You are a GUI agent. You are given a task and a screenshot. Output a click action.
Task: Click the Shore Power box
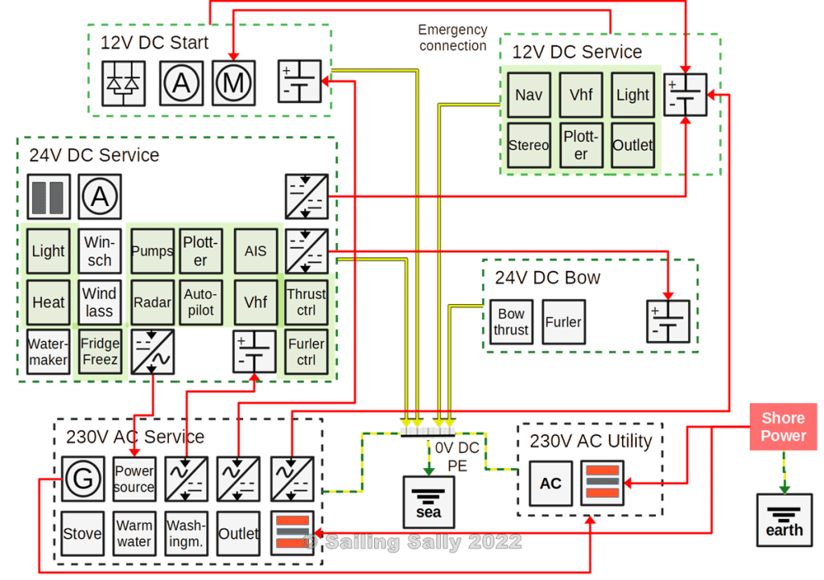(783, 427)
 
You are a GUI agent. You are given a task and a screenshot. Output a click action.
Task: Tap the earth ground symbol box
(784, 520)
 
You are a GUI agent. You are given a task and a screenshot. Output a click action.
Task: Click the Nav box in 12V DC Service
(529, 95)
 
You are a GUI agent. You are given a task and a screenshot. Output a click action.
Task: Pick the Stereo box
(529, 146)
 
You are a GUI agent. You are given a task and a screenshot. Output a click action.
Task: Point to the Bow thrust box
(511, 322)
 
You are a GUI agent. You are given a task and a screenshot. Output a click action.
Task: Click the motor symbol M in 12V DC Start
(234, 81)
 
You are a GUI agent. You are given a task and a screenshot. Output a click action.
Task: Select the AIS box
(255, 251)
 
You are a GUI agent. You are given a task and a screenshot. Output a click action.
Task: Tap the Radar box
(152, 302)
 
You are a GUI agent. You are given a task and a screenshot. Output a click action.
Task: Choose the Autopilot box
(200, 302)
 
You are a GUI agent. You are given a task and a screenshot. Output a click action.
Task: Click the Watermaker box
(48, 352)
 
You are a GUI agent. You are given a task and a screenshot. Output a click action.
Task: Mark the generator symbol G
(83, 479)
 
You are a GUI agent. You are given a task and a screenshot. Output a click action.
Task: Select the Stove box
(83, 533)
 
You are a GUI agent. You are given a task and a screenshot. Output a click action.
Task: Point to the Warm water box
(134, 533)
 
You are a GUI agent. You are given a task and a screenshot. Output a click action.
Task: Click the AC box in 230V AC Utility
(550, 483)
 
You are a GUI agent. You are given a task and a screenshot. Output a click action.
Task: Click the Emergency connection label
(453, 38)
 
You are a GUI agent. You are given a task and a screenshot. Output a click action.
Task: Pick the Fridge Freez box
(100, 352)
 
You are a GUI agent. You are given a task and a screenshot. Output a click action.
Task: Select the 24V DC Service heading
(94, 154)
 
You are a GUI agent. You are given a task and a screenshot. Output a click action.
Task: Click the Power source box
(134, 479)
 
